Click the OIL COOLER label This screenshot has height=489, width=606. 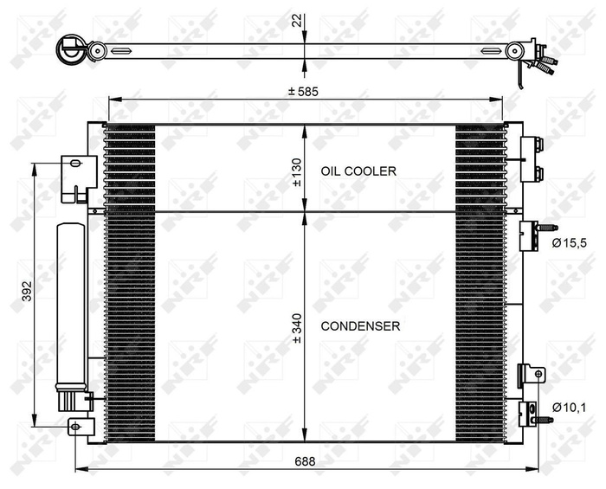tap(358, 171)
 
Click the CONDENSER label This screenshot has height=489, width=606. tap(360, 326)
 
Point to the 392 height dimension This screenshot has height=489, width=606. tap(26, 295)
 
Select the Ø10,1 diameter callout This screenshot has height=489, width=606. tap(569, 407)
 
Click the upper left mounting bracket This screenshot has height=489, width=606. tap(78, 177)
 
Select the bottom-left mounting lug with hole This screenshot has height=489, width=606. tap(81, 426)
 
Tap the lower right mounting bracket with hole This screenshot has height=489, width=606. tap(532, 374)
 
